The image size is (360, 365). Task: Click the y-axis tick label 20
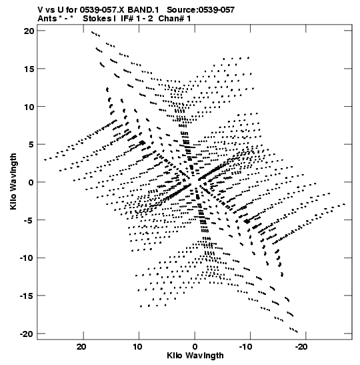pyautogui.click(x=29, y=31)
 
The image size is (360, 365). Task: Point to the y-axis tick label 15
pyautogui.click(x=29, y=69)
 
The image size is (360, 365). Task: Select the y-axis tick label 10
pyautogui.click(x=29, y=107)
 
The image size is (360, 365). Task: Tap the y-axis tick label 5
pyautogui.click(x=31, y=145)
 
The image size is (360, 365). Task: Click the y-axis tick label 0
pyautogui.click(x=31, y=183)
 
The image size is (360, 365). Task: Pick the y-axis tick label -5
pyautogui.click(x=29, y=220)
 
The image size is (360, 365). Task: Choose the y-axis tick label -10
pyautogui.click(x=27, y=258)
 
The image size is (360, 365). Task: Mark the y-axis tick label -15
pyautogui.click(x=27, y=296)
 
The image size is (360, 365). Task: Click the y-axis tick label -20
pyautogui.click(x=27, y=334)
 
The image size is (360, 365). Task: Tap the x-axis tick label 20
pyautogui.click(x=81, y=347)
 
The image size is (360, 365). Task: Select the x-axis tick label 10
pyautogui.click(x=137, y=347)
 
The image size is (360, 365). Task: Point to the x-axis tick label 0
pyautogui.click(x=195, y=347)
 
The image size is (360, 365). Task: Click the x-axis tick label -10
pyautogui.click(x=245, y=347)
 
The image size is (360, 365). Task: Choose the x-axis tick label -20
pyautogui.click(x=301, y=347)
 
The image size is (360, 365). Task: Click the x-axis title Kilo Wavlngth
pyautogui.click(x=195, y=356)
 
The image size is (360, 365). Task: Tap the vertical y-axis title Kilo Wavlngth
pyautogui.click(x=13, y=181)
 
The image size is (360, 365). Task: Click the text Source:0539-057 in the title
pyautogui.click(x=201, y=10)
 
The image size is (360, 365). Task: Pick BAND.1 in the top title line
pyautogui.click(x=143, y=10)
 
